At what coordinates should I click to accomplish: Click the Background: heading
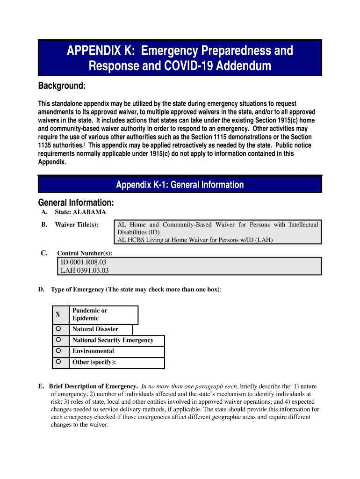pyautogui.click(x=61, y=86)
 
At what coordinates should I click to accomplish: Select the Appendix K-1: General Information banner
pyautogui.click(x=180, y=185)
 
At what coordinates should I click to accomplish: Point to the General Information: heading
pyautogui.click(x=76, y=203)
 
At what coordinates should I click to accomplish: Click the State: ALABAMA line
pyautogui.click(x=80, y=212)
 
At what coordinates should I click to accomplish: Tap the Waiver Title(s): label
pyautogui.click(x=76, y=225)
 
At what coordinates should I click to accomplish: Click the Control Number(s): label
pyautogui.click(x=85, y=253)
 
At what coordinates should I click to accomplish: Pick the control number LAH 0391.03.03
pyautogui.click(x=85, y=270)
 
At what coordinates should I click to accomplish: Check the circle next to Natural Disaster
pyautogui.click(x=58, y=328)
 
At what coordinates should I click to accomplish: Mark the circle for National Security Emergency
pyautogui.click(x=58, y=340)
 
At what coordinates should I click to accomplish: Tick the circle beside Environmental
pyautogui.click(x=58, y=350)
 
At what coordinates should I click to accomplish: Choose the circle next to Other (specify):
pyautogui.click(x=58, y=362)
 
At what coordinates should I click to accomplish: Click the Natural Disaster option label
pyautogui.click(x=95, y=329)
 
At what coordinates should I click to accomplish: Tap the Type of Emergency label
pyautogui.click(x=78, y=290)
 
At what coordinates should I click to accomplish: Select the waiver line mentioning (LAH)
pyautogui.click(x=195, y=240)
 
